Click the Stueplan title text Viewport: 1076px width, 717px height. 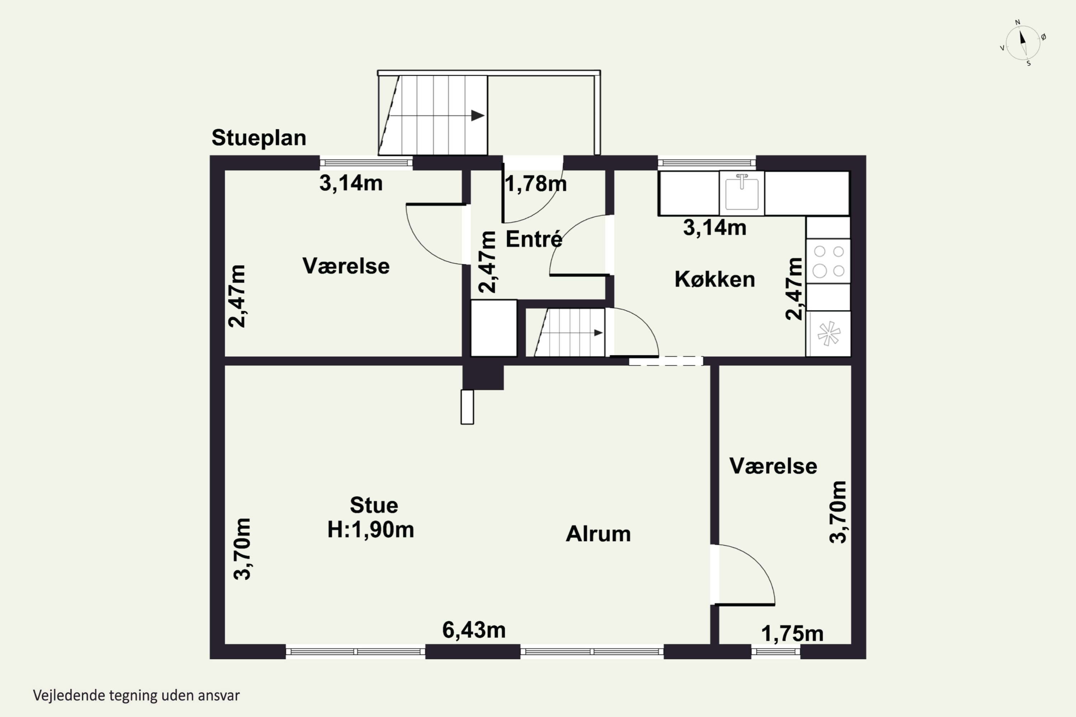click(x=259, y=138)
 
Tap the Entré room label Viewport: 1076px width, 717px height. click(x=534, y=239)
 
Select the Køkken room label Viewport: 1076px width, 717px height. click(x=714, y=279)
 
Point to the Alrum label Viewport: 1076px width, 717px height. click(x=598, y=534)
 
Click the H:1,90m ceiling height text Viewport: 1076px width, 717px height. click(x=371, y=530)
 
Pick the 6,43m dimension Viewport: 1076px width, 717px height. click(x=474, y=630)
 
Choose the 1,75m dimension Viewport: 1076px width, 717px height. click(x=792, y=634)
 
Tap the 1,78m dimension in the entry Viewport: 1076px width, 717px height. click(x=536, y=184)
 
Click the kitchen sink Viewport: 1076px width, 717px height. click(x=742, y=193)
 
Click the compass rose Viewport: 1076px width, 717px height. click(x=1023, y=43)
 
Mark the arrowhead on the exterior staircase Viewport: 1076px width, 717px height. click(x=478, y=116)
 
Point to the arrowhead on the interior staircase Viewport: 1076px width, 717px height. click(x=598, y=333)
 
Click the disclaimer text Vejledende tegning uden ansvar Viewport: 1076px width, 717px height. click(x=136, y=695)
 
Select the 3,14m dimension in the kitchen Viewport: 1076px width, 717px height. click(x=714, y=228)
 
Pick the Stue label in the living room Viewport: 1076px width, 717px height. click(x=374, y=505)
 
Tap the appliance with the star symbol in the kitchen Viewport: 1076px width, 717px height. click(x=829, y=334)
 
